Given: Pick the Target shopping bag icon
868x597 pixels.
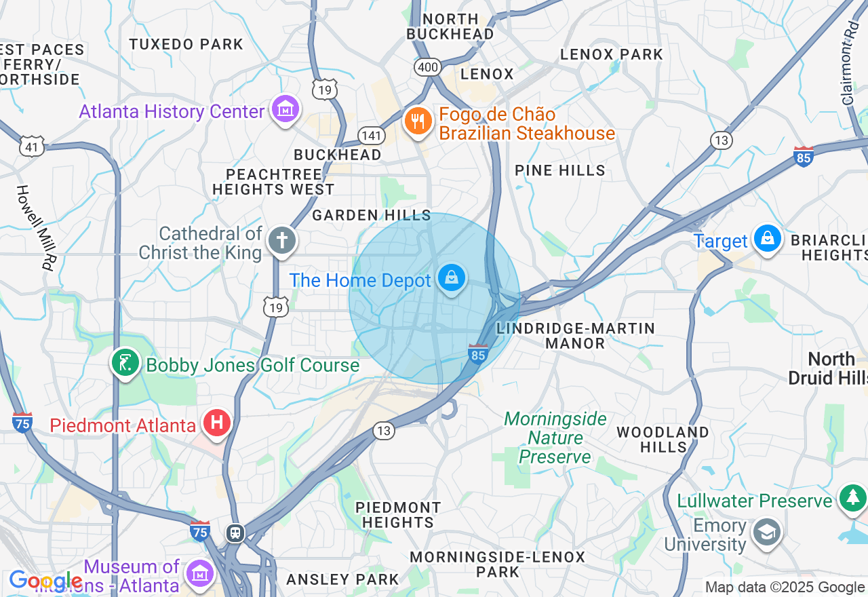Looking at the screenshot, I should (x=768, y=239).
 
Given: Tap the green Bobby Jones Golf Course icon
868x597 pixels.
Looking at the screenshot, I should (x=125, y=363).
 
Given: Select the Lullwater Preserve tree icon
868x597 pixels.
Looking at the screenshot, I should (x=852, y=499).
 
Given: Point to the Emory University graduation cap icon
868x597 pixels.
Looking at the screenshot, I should (x=767, y=533).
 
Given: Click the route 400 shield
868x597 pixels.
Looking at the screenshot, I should (x=428, y=67).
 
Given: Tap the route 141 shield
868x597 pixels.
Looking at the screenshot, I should (x=372, y=136).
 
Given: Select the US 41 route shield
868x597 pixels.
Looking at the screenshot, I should (x=33, y=145).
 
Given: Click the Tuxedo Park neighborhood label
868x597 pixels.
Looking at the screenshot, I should (x=186, y=44).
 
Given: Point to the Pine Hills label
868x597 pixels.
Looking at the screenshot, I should (x=560, y=170).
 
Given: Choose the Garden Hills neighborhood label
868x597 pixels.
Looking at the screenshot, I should (x=372, y=215).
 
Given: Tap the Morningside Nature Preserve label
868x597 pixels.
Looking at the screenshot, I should (x=555, y=438).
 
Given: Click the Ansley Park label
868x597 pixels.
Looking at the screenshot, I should (x=342, y=579).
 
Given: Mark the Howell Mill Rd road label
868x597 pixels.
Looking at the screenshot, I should (x=35, y=227).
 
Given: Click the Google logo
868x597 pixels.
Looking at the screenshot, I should (x=45, y=581).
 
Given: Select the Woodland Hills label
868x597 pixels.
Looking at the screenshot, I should (x=663, y=440).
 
